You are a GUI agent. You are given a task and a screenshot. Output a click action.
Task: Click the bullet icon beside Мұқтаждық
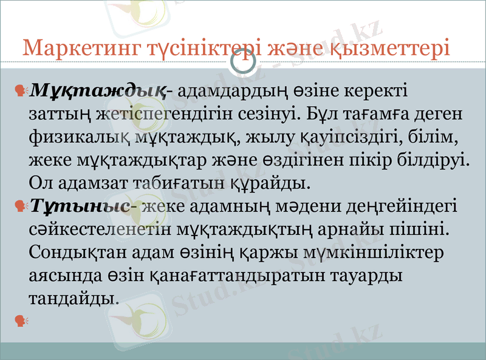coord(22,91)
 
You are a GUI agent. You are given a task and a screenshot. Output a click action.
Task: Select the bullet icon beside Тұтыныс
coord(22,206)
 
